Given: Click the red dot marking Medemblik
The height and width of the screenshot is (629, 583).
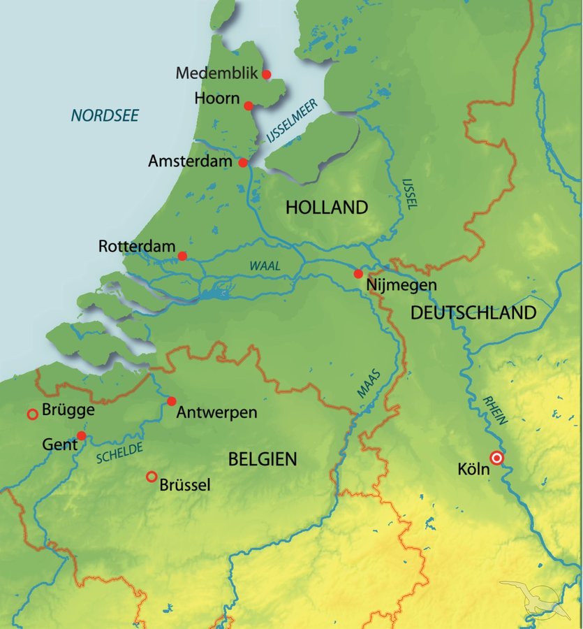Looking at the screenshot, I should coord(266,74).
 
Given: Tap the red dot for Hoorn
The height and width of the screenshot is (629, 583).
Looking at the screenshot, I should coord(249,106).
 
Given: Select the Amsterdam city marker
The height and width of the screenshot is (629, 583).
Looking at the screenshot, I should coord(243,163).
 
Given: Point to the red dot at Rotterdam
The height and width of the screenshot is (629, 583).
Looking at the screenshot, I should coord(182,256).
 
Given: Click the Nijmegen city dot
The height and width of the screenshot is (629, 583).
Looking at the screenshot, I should coord(358,274).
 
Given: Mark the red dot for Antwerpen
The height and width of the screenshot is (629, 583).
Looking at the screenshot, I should coord(171,401).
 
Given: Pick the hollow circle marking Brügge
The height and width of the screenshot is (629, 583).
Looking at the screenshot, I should coord(32,414).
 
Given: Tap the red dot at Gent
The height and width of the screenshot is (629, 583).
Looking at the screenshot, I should coord(81,435).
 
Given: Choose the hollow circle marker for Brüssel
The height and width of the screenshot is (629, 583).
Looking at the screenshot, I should coord(152,477).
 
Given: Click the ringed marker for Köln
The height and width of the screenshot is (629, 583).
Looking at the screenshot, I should coord(496,458).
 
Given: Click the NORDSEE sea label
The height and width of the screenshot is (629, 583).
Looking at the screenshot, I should coord(105,115).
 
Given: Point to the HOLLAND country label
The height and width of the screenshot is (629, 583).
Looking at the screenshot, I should coord(326,208).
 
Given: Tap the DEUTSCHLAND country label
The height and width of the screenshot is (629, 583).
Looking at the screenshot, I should coord(473,312).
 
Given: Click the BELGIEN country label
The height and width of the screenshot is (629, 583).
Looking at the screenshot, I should coord(263,459).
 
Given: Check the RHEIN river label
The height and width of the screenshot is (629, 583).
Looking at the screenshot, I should coord(495,412).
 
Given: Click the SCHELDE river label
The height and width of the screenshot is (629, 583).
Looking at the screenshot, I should coord(119,453).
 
